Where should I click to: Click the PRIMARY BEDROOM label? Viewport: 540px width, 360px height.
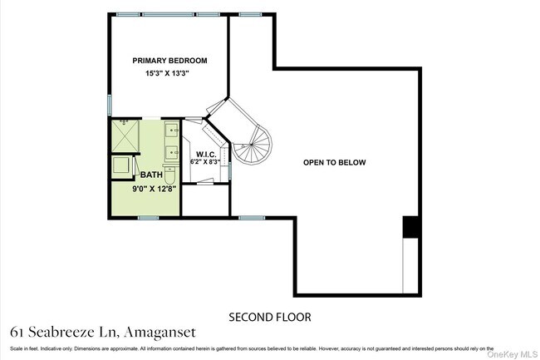(x=169, y=61)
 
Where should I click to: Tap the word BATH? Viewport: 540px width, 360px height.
(x=151, y=175)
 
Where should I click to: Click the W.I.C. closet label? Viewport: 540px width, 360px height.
(x=204, y=155)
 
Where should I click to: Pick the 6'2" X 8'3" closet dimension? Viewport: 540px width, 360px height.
(x=204, y=162)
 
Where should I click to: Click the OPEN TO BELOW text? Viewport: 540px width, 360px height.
(x=334, y=162)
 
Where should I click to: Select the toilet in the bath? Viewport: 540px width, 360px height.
(x=169, y=175)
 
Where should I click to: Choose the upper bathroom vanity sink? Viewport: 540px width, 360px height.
(x=170, y=131)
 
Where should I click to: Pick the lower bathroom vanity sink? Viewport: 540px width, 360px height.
(x=170, y=152)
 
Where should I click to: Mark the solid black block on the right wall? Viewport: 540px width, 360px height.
(x=410, y=226)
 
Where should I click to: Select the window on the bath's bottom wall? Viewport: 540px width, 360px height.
(x=148, y=218)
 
